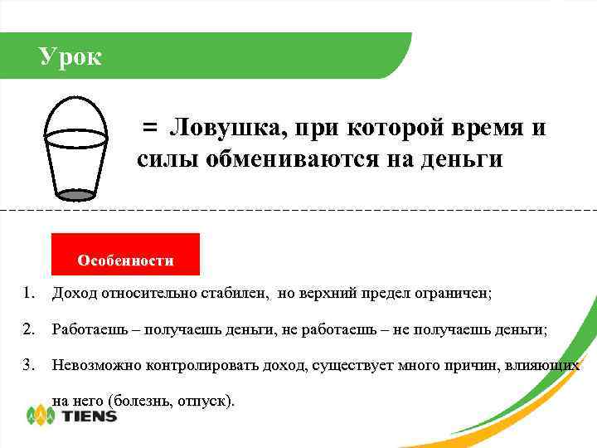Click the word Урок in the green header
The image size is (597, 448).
[70, 56]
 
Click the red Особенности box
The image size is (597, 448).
[125, 254]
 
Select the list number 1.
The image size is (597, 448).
[29, 293]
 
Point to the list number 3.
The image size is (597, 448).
[29, 364]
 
